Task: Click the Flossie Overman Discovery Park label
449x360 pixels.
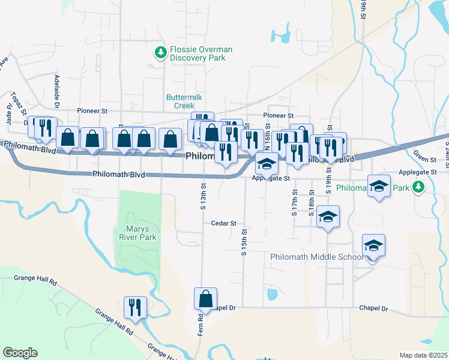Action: (x=200, y=54)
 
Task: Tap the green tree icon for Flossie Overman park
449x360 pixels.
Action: (x=160, y=54)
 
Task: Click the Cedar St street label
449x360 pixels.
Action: (x=224, y=223)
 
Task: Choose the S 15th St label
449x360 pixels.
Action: (x=244, y=241)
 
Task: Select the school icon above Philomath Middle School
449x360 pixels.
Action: (x=373, y=246)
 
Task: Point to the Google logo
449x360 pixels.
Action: (x=20, y=353)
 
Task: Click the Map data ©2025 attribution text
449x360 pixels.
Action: (x=424, y=355)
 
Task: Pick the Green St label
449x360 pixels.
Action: (x=424, y=160)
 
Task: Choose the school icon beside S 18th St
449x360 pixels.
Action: (x=328, y=217)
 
